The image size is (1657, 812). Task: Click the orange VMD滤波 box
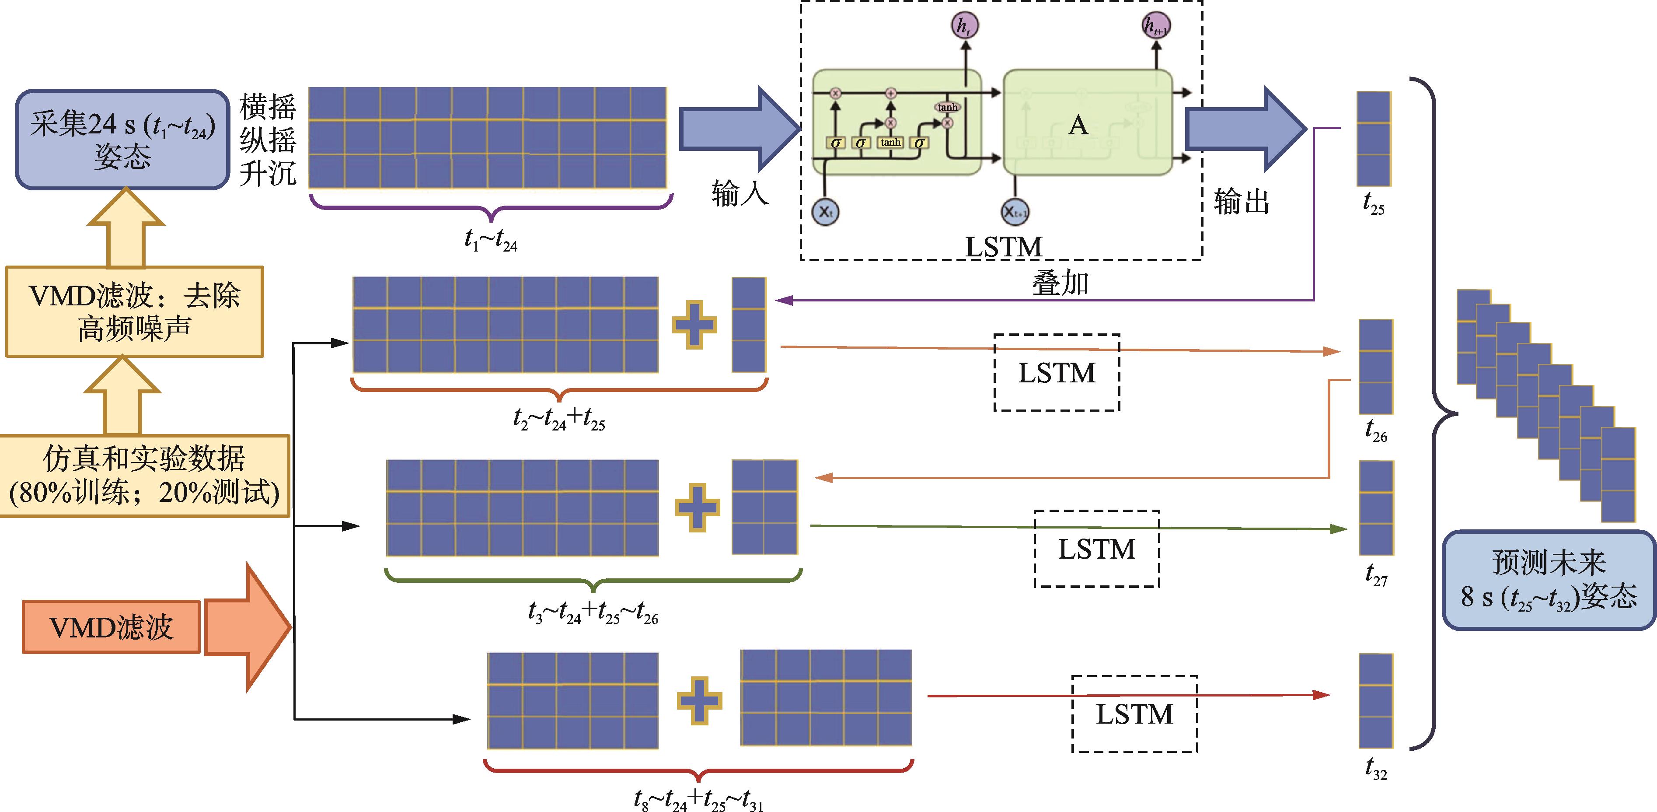[111, 626]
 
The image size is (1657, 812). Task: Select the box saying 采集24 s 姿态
[122, 140]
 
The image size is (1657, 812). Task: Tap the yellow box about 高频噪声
[134, 312]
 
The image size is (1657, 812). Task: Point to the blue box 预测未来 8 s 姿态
[1548, 580]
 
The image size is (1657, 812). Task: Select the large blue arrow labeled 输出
[1245, 129]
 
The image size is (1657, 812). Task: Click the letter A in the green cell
[1078, 126]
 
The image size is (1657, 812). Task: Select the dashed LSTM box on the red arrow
[1135, 714]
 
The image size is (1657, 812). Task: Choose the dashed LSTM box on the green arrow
[1097, 549]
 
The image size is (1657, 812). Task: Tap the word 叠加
[1060, 283]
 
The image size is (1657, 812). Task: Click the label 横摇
[268, 107]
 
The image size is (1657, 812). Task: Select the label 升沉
[268, 172]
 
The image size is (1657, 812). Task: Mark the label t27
[1376, 574]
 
